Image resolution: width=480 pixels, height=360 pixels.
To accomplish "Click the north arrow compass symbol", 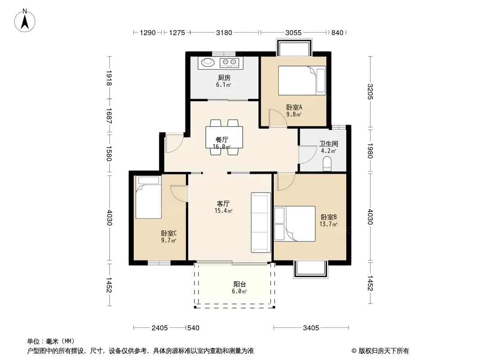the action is coord(25,21).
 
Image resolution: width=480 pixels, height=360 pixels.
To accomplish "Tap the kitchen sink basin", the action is coord(208,62).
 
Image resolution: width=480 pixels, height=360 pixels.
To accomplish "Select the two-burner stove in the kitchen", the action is coord(229,63).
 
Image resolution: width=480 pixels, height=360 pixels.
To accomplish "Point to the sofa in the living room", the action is coord(261,222).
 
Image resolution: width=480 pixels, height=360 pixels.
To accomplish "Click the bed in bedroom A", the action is coord(302,81).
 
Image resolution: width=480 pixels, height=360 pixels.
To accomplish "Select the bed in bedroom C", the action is coord(149,197).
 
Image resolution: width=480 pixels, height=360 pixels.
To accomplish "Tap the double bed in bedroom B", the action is coord(295,224).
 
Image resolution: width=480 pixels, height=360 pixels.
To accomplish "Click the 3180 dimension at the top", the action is coord(224,32).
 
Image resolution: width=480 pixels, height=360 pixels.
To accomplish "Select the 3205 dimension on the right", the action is coord(371,92).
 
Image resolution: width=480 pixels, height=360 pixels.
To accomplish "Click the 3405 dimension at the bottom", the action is coord(311,328).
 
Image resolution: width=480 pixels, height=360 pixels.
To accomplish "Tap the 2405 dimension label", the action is coord(160,328).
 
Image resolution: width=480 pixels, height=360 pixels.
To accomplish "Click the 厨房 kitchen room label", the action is coord(224,78).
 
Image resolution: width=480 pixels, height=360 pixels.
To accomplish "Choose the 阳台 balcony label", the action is coord(240,284).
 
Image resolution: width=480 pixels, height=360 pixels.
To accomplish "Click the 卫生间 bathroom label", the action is coord(328,144).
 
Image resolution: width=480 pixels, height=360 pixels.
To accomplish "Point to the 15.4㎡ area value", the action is coord(223,211).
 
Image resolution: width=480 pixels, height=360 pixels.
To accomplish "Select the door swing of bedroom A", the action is coord(278,118).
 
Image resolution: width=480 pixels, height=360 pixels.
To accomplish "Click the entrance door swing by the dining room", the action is coord(174,143).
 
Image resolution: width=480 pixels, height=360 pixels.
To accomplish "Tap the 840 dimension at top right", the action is coord(337,32).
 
